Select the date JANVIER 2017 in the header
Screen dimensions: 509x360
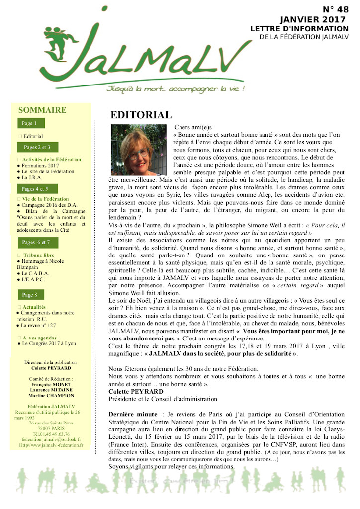coord(312,19)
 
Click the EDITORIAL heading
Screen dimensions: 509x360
coord(141,115)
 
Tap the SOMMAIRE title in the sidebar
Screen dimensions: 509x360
coord(42,110)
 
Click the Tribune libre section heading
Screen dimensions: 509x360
coord(39,255)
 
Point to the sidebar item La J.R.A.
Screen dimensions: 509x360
coord(32,177)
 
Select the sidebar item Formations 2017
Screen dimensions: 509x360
coord(41,166)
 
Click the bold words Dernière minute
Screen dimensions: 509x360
coord(132,414)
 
